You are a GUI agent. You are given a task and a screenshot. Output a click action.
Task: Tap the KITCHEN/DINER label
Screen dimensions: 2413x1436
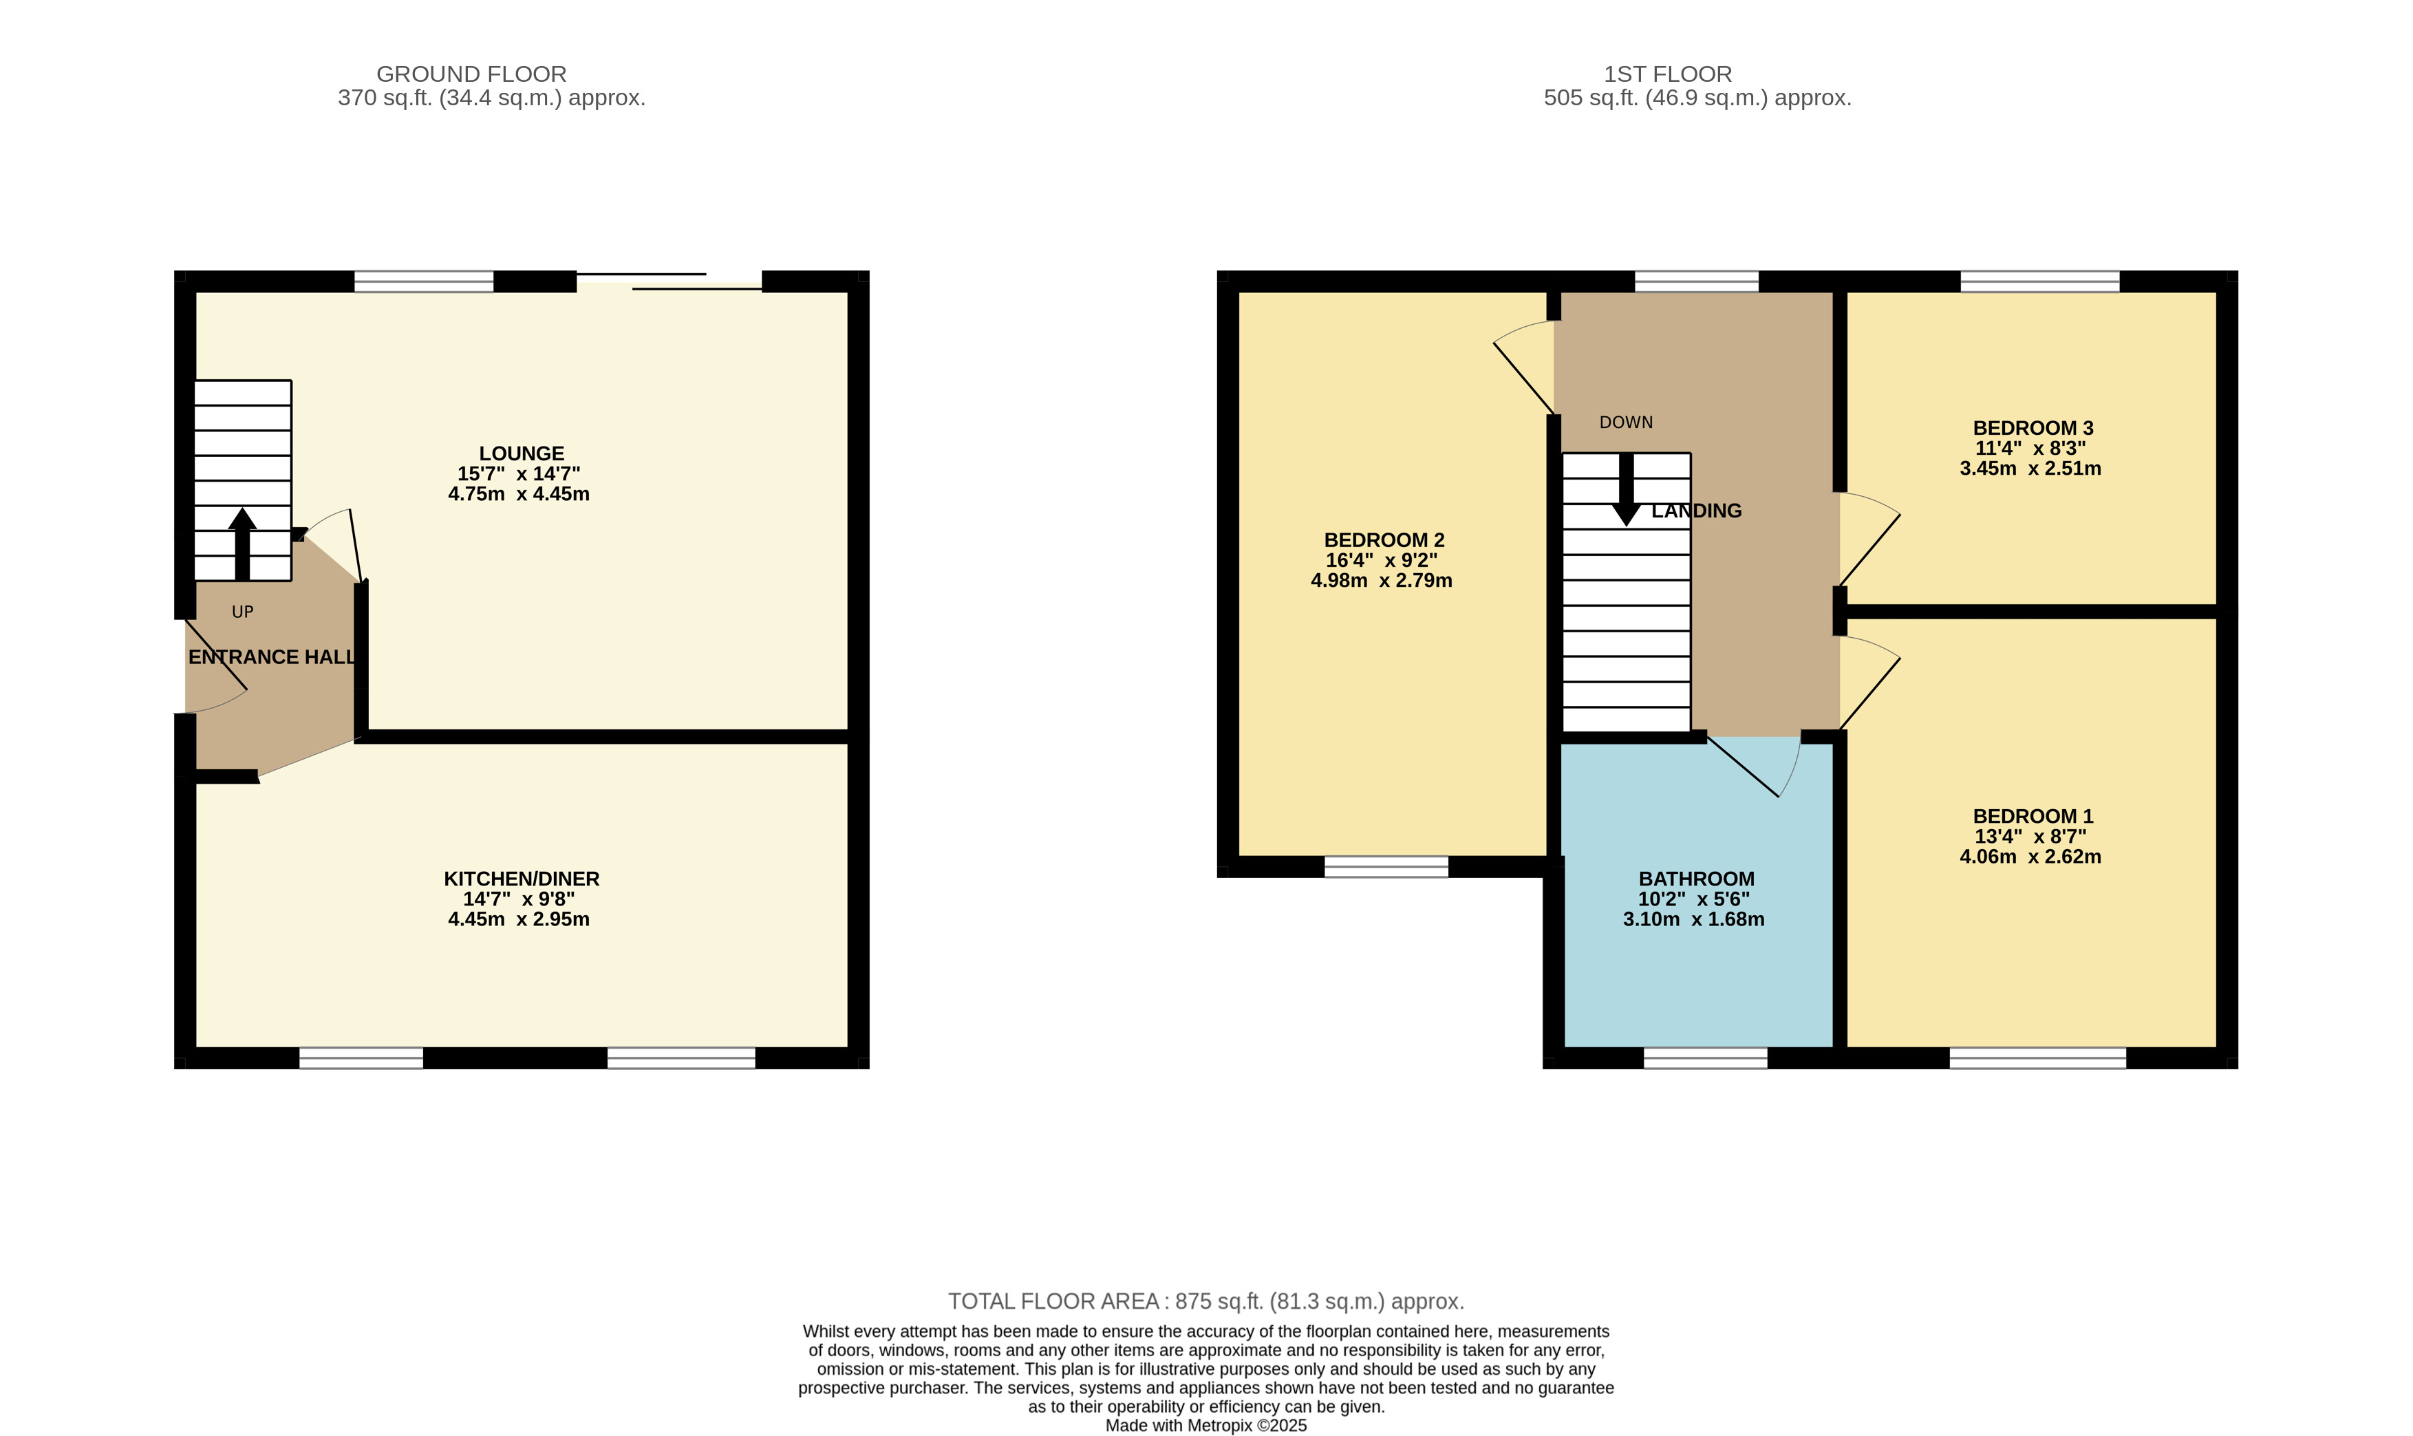pos(522,879)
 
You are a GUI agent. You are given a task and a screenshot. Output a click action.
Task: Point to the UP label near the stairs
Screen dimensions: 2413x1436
pos(243,612)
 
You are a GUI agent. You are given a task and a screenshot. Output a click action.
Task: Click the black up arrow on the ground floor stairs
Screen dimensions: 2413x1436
pos(243,544)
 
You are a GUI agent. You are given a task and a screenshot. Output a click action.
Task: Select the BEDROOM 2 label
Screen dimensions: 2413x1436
pos(1384,540)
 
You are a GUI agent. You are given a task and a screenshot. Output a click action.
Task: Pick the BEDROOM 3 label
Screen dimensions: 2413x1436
pos(2033,428)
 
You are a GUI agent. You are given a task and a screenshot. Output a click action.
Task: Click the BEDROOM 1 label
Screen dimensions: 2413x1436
pos(2033,816)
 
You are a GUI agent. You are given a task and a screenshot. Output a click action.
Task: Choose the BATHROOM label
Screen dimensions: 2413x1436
pos(1696,879)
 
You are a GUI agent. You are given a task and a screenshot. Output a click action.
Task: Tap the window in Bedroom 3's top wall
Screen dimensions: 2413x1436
pos(2039,281)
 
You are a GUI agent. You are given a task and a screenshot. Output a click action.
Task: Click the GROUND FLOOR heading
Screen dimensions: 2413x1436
pos(471,74)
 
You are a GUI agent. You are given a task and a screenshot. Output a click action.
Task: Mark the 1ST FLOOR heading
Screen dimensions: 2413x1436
pos(1668,74)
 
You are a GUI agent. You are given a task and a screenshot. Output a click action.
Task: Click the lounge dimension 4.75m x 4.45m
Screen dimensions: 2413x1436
pos(519,493)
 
